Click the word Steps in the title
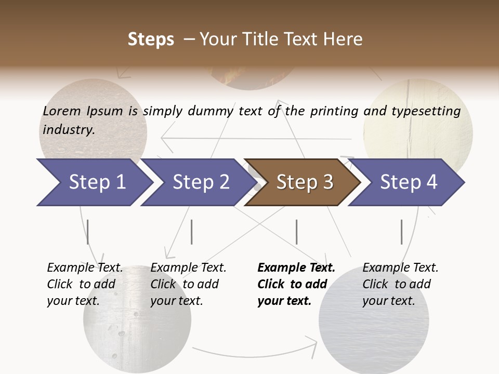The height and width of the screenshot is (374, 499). click(x=151, y=39)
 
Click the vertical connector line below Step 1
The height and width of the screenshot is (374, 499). click(x=88, y=232)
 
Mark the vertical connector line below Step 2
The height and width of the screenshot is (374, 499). click(x=192, y=232)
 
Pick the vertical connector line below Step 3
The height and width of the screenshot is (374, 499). click(x=296, y=232)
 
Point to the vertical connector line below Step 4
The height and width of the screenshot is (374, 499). click(x=401, y=232)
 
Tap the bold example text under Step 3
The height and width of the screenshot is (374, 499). click(x=296, y=284)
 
